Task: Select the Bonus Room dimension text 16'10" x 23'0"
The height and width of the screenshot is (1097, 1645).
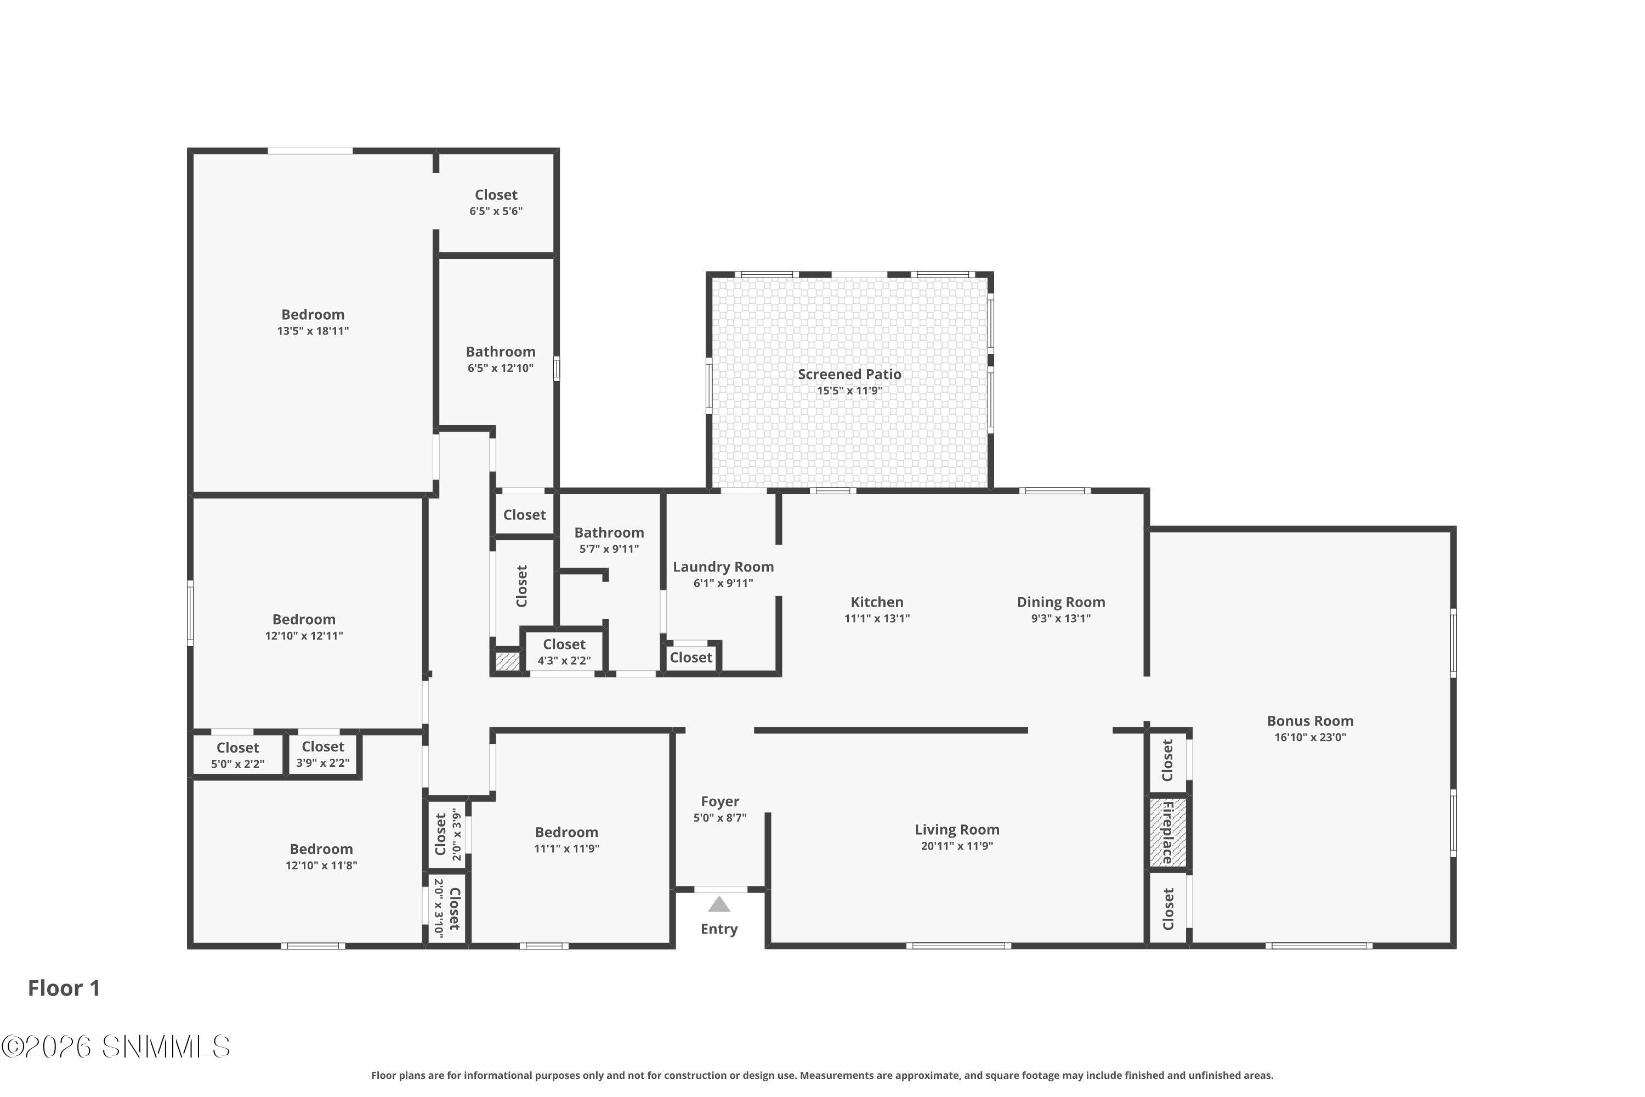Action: pyautogui.click(x=1310, y=737)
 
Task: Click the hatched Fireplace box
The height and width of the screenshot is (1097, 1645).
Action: pyautogui.click(x=1168, y=833)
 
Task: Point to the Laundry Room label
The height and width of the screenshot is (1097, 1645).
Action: pyautogui.click(x=723, y=567)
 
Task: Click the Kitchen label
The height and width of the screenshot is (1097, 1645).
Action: pyautogui.click(x=877, y=602)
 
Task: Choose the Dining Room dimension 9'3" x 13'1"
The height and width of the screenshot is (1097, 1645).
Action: pyautogui.click(x=1061, y=619)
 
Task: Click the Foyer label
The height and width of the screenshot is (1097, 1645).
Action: pyautogui.click(x=719, y=802)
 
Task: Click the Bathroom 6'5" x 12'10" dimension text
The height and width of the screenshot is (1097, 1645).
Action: pyautogui.click(x=501, y=368)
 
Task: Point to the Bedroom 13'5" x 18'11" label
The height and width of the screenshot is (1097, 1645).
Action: pyautogui.click(x=313, y=323)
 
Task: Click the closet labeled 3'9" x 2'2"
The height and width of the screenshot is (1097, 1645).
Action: pyautogui.click(x=323, y=754)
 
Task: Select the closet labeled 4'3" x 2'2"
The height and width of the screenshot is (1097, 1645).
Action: pyautogui.click(x=564, y=652)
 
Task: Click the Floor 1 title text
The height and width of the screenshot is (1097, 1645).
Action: pyautogui.click(x=64, y=988)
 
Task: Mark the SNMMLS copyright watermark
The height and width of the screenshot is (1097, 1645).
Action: pyautogui.click(x=116, y=1047)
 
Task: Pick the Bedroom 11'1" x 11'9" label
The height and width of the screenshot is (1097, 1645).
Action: pyautogui.click(x=566, y=840)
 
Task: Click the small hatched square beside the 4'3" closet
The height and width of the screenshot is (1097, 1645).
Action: pyautogui.click(x=508, y=661)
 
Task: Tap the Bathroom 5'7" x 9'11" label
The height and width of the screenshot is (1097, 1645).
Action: pyautogui.click(x=609, y=540)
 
